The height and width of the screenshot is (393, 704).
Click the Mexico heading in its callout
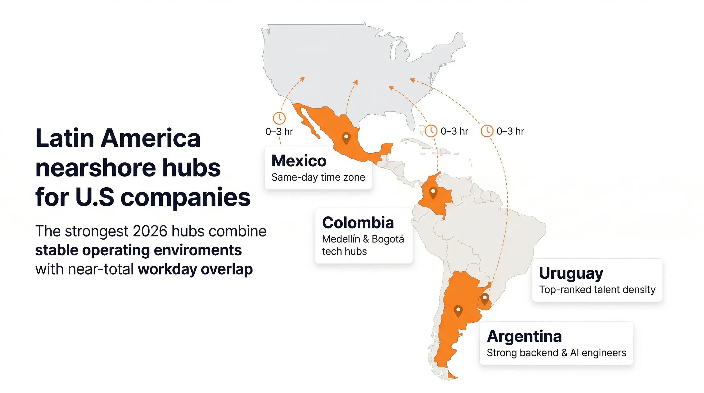point(299,161)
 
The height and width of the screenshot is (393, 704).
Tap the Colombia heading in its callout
point(358,223)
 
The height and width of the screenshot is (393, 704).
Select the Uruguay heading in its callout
point(571,273)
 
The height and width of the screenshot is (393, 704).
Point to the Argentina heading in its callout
point(524,336)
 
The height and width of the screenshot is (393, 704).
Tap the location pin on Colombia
point(433,192)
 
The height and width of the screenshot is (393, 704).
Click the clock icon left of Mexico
point(279,118)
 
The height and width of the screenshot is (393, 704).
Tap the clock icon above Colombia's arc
point(431,131)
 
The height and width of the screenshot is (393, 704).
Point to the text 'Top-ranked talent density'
point(597,290)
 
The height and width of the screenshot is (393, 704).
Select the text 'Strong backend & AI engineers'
point(556,353)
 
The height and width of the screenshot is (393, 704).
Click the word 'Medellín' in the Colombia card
point(341,239)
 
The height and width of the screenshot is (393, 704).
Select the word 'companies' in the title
point(185,197)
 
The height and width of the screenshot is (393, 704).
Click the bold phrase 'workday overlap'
point(195,269)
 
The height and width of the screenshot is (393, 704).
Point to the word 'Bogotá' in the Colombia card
point(388,239)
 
